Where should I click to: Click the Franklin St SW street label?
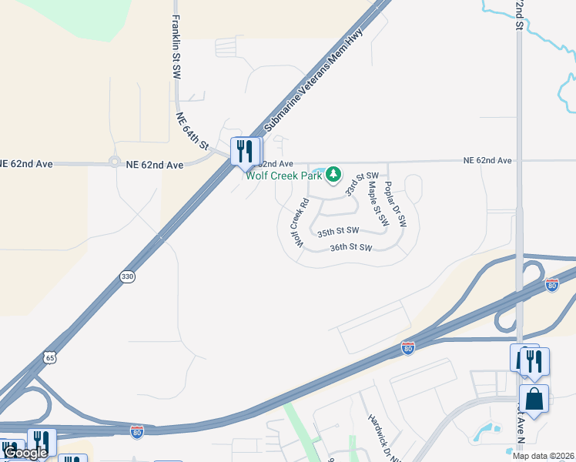coord(176,47)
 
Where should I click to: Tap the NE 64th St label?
coord(193,130)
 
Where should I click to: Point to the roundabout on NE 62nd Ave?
coord(115,162)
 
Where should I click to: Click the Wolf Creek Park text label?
coord(283,176)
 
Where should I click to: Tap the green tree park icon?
coord(333,176)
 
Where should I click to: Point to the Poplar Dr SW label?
coord(394,205)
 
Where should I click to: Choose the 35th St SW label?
coord(338,230)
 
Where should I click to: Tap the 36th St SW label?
coord(350,248)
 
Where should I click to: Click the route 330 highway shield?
coord(126,276)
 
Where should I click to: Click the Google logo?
coord(25,453)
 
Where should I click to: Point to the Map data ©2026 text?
coord(542,456)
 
